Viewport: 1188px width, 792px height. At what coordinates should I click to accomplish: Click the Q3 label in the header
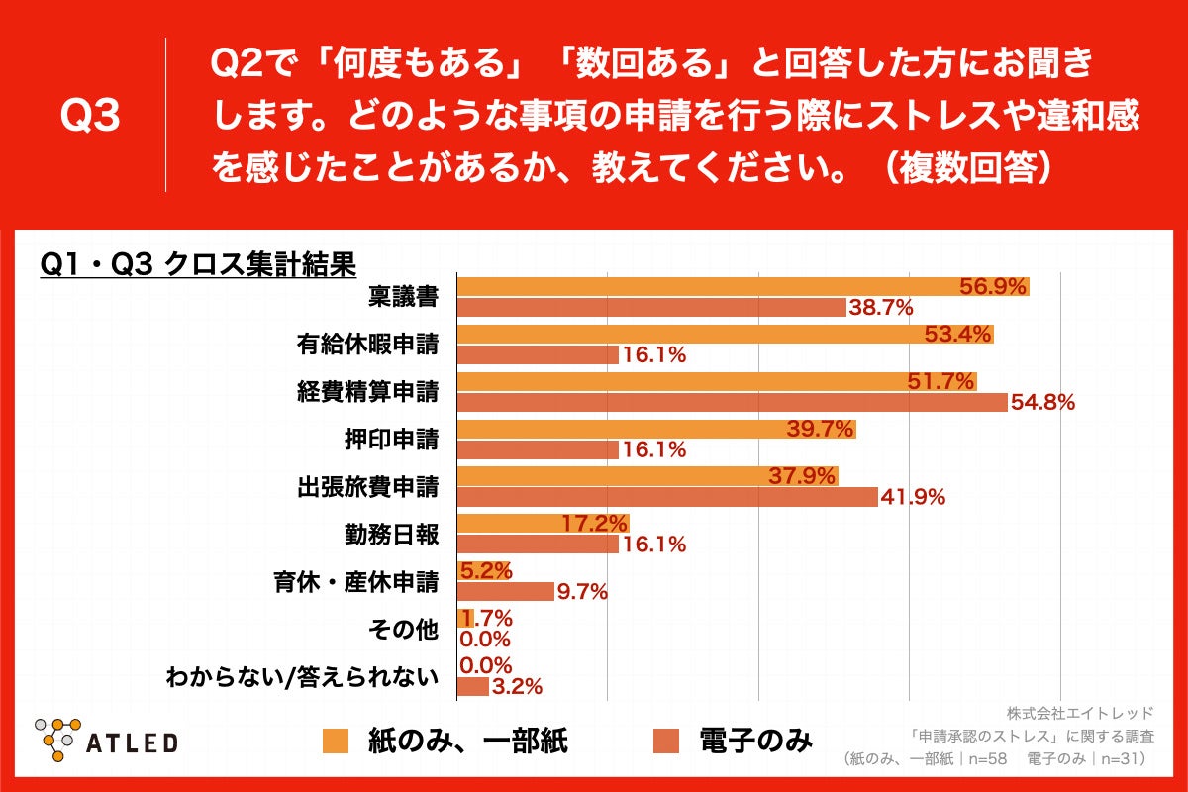(90, 117)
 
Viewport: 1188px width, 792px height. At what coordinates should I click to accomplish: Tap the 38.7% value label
(879, 308)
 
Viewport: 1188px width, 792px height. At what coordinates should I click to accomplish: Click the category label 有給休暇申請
(367, 345)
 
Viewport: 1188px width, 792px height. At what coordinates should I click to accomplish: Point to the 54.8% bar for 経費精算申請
(732, 402)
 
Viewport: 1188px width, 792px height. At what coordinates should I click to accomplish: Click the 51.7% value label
(940, 381)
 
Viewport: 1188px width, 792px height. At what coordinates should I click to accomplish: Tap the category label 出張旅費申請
(367, 487)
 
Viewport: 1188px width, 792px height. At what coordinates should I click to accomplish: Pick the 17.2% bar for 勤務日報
(543, 524)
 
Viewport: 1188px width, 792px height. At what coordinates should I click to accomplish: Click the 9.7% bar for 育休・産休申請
(505, 592)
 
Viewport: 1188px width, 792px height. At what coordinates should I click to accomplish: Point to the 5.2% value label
(485, 570)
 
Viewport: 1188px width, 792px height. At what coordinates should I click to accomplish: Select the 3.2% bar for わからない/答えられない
(472, 686)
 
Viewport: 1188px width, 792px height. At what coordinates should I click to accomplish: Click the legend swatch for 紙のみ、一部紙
(337, 741)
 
